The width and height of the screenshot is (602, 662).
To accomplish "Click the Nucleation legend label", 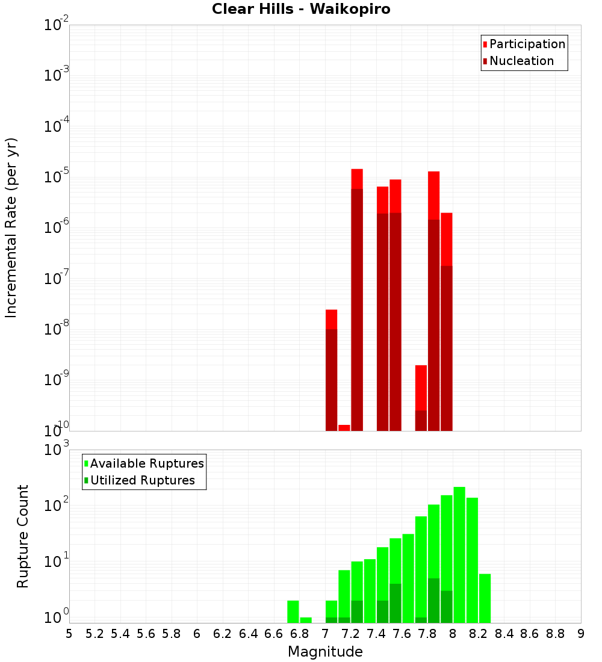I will pos(521,61).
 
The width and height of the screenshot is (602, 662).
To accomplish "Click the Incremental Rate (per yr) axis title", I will pos(11,227).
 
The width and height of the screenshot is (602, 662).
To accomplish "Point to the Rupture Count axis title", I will pos(23,536).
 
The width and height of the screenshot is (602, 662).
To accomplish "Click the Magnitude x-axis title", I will pos(325,651).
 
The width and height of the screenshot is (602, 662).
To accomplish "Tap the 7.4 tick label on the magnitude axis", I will pos(376,634).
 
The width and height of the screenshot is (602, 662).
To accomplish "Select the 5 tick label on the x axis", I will pos(69,634).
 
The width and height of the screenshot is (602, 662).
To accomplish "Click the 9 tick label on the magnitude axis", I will pos(581,634).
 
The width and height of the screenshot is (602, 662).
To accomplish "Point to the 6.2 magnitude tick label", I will pos(223,634).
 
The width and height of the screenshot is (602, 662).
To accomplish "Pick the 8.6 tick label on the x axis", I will pos(530,634).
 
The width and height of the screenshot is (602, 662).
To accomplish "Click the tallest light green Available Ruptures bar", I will pos(459,554).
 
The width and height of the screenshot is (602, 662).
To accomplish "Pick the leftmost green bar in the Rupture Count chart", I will pos(293,611).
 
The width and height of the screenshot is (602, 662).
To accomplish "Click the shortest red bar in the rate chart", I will pos(344,428).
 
